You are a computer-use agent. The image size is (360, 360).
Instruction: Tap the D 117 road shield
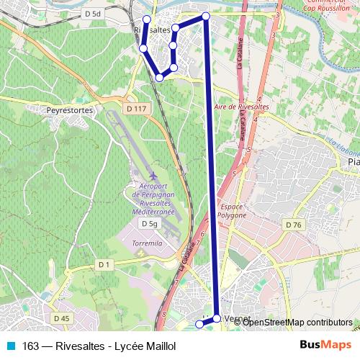coord(135,108)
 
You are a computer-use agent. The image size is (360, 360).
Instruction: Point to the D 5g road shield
coord(149,224)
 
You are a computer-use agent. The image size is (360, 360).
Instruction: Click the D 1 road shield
coord(104,265)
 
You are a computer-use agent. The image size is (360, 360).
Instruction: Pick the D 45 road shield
coord(61,318)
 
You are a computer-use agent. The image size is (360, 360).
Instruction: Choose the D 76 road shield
coord(293,225)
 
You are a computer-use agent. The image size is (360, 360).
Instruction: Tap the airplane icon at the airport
coord(153,175)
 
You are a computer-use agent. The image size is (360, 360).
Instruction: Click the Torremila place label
coord(148,243)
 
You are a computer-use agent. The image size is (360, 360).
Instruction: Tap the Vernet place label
coord(237,318)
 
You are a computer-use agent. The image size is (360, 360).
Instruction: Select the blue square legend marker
coord(10,346)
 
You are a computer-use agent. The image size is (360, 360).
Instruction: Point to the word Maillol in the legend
coord(159,346)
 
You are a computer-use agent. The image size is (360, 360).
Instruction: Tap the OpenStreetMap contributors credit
coord(297,322)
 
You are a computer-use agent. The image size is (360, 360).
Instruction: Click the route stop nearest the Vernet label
coord(217,318)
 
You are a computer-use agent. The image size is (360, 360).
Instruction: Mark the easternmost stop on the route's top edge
coord(206,16)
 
